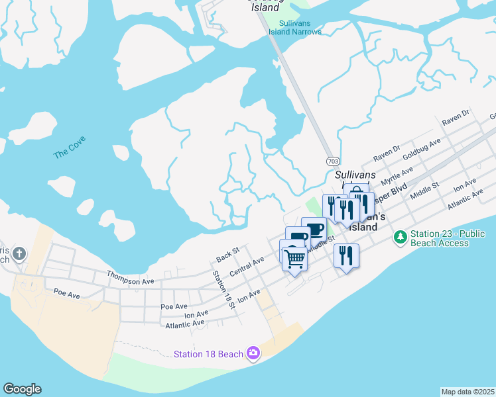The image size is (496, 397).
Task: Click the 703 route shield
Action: [x=333, y=161]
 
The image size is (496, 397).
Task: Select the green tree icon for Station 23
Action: [x=400, y=236]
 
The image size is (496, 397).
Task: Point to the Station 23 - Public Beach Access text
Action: [x=448, y=238]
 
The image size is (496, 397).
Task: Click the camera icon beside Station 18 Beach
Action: [x=253, y=353]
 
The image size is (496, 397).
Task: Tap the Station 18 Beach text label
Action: [x=208, y=354]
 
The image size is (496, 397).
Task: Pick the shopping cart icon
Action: [x=294, y=257]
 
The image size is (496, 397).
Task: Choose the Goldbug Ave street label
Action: [x=422, y=151]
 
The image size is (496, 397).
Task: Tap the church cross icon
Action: [x=20, y=253]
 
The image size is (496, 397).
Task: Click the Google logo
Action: [x=22, y=389]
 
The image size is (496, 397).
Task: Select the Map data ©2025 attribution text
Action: [x=467, y=392]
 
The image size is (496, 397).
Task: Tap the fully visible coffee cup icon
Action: [x=314, y=229]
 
